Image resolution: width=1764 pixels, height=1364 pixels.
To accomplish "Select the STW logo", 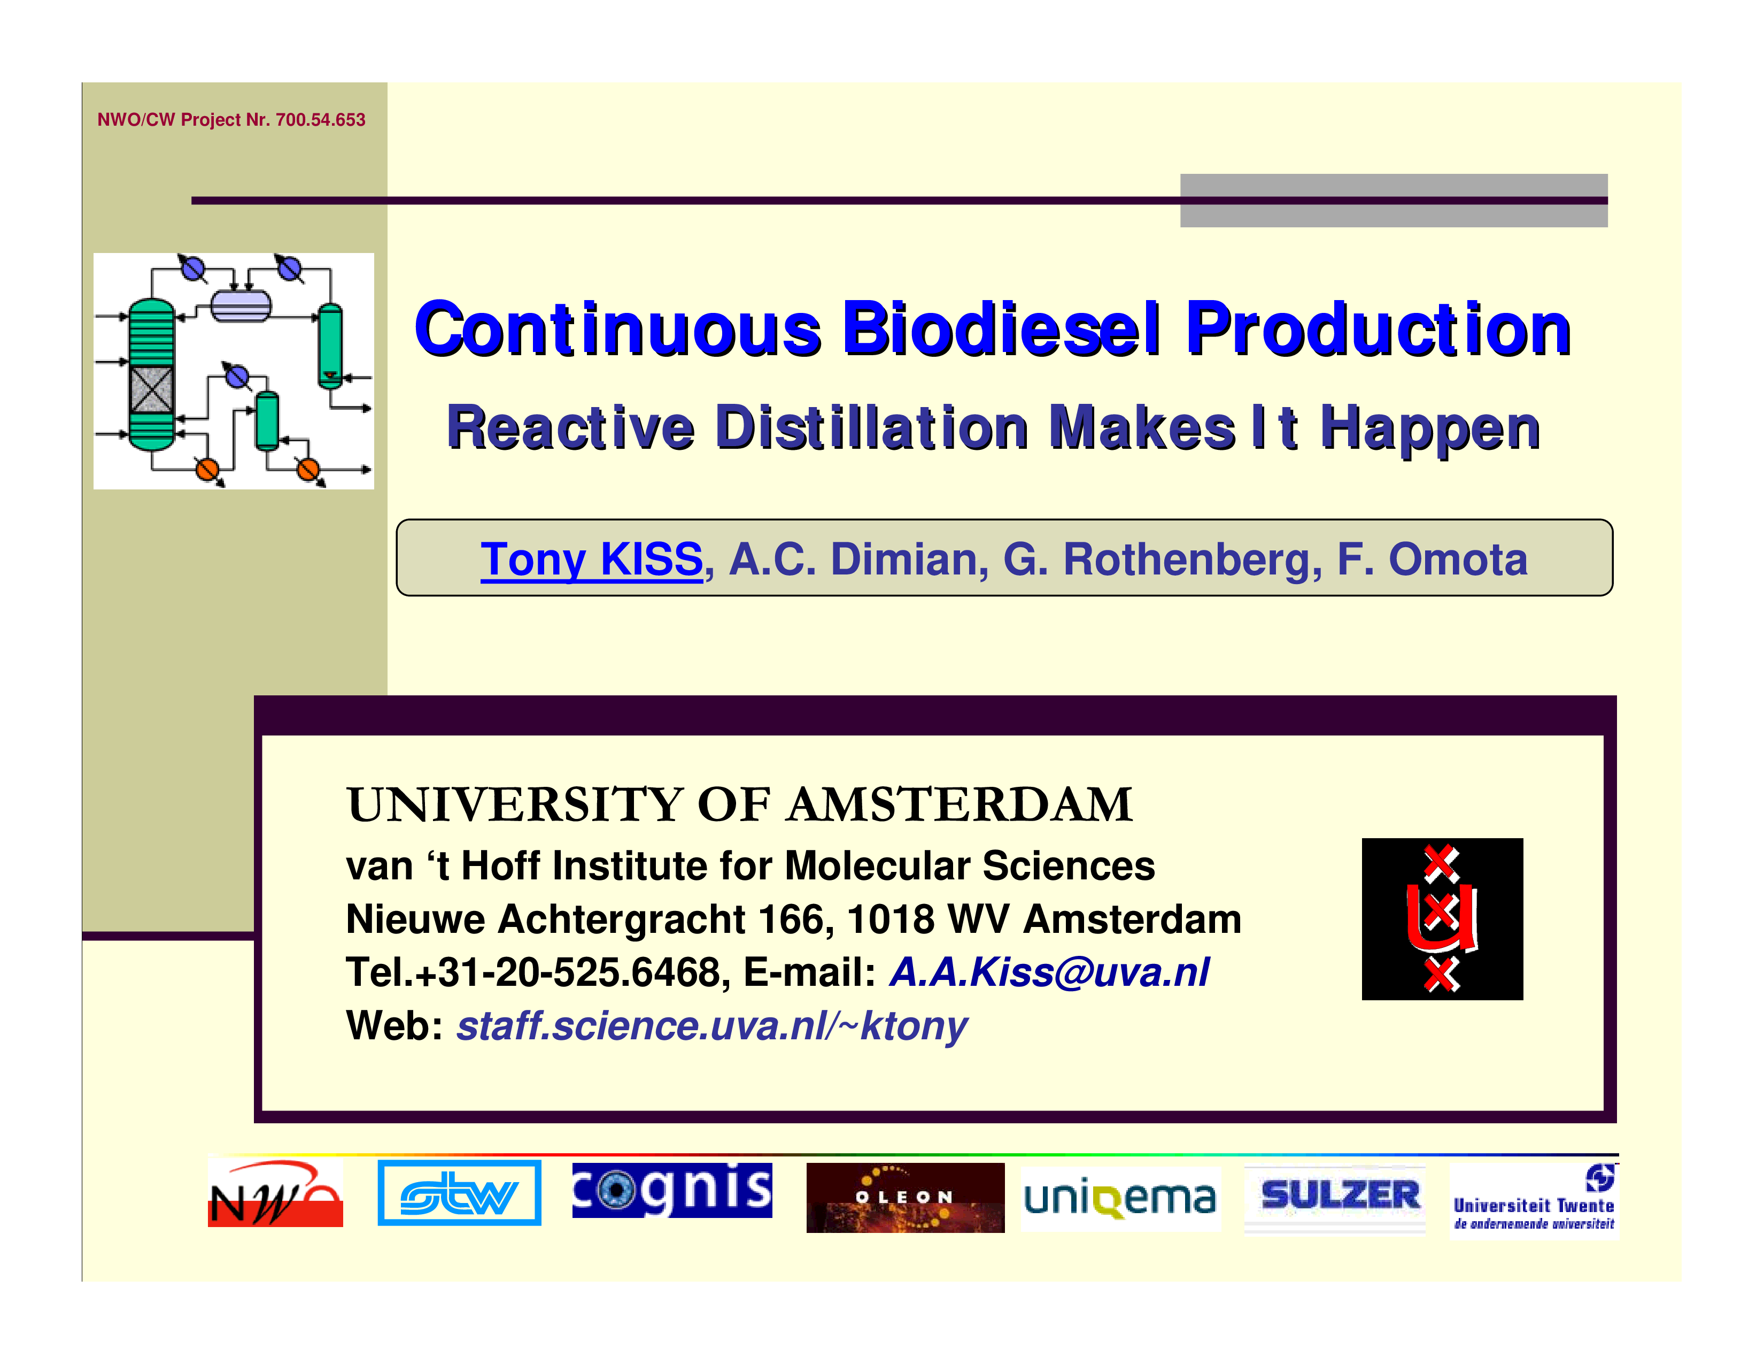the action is [459, 1193].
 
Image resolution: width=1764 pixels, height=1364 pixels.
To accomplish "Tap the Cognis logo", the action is [672, 1190].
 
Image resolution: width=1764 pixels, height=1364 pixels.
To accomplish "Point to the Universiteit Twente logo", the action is [1534, 1200].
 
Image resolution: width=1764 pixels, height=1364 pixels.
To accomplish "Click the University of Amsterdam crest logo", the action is [1442, 919].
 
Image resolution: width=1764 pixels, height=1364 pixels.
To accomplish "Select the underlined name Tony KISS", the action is [591, 559].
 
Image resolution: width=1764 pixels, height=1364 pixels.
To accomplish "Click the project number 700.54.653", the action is [321, 120].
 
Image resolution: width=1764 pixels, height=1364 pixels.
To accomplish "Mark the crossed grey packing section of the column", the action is [152, 389].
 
